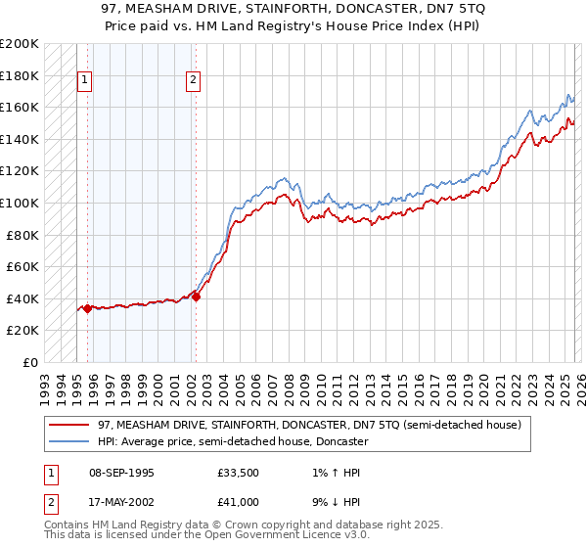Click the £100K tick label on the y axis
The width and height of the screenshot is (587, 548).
[x=20, y=203]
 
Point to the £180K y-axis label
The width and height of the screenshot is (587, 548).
[x=20, y=75]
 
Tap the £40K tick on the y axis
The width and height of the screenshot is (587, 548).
[x=23, y=298]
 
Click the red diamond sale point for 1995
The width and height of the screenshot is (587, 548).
[x=87, y=308]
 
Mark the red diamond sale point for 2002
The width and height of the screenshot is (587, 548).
[x=196, y=297]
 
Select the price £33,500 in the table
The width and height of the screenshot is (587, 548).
[x=238, y=473]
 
